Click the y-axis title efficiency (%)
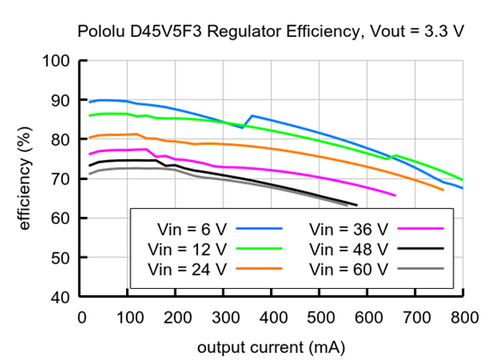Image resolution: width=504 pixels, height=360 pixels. [25, 178]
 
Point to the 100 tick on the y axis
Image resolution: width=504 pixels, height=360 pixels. [57, 61]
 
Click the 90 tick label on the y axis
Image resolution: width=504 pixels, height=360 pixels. [61, 101]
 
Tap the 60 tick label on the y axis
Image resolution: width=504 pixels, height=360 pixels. [61, 219]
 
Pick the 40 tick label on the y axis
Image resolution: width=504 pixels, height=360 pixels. [61, 297]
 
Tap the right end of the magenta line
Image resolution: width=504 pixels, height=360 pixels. [395, 195]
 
